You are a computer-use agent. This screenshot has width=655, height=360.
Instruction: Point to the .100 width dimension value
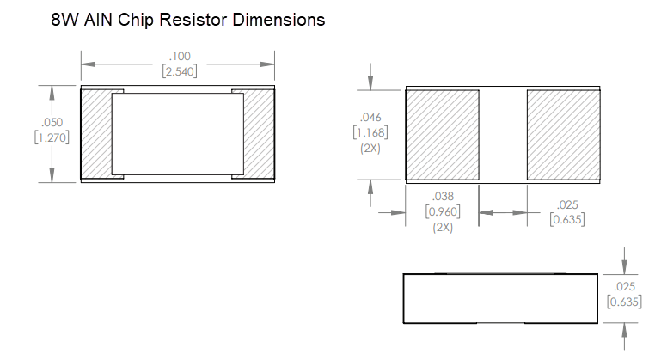pos(180,57)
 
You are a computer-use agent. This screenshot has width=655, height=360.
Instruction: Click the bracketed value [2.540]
pos(180,71)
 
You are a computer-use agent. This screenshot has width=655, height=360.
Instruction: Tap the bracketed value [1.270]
pos(52,137)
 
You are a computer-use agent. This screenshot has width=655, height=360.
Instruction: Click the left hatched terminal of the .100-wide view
pos(96,135)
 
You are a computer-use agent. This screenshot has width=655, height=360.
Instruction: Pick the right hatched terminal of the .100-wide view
pos(260,135)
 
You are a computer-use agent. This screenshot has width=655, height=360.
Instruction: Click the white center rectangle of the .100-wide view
pos(178,135)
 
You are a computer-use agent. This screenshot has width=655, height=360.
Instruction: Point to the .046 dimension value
pos(370,117)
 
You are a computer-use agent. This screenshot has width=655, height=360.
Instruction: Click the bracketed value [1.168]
pos(370,132)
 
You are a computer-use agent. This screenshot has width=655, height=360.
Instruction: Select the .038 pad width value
pos(443,197)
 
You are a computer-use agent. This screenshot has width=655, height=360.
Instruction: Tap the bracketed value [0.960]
pos(443,211)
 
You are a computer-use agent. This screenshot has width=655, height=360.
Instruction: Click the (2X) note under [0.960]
pos(443,227)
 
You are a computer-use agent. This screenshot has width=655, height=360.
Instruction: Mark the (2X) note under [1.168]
pos(370,148)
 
